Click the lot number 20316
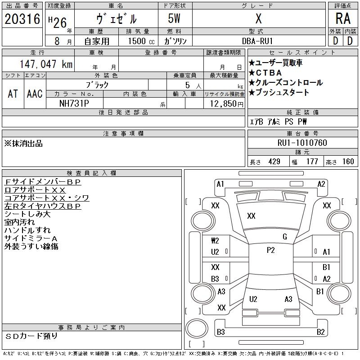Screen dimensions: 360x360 click(22, 19)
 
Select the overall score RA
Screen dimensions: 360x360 click(343, 18)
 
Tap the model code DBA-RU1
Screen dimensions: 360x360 click(257, 41)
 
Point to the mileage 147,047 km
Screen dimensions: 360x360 click(46, 64)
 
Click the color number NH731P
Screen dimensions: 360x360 click(74, 103)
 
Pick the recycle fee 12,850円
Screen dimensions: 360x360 click(226, 104)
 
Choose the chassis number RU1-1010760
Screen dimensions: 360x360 click(302, 143)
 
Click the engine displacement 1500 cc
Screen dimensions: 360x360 click(141, 41)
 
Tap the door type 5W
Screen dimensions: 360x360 click(174, 18)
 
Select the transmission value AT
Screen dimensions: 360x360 click(13, 94)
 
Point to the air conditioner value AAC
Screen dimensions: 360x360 click(35, 94)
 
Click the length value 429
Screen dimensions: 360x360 click(274, 162)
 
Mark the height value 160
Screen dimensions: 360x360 click(348, 162)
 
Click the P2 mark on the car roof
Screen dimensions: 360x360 click(271, 250)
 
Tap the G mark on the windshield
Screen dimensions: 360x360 click(285, 237)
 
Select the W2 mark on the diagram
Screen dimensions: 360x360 click(215, 241)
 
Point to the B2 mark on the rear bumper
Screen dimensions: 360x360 click(321, 332)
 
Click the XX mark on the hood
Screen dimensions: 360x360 click(251, 216)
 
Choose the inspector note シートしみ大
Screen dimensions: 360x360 click(27, 214)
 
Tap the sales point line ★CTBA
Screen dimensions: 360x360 click(265, 73)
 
